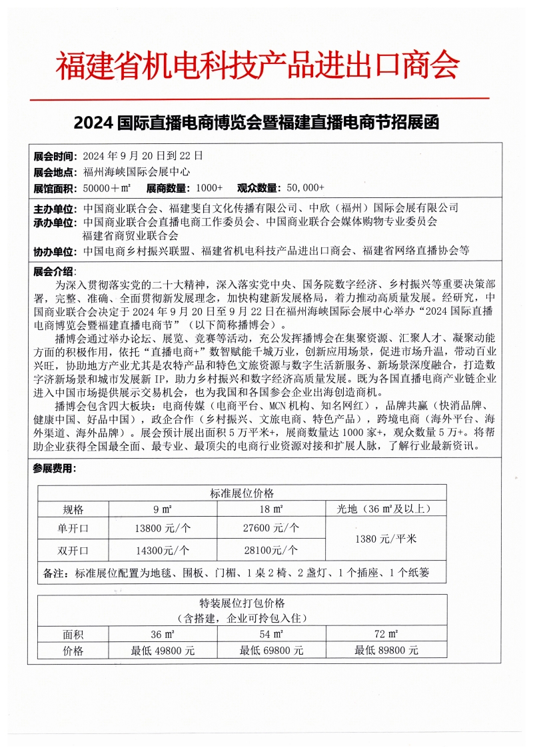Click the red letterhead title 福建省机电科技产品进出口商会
pos(257,65)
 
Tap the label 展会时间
pos(55,156)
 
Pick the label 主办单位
pos(55,208)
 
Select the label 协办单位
pos(55,251)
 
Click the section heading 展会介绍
pos(55,271)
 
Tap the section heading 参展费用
pos(55,469)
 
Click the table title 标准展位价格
pos(242,493)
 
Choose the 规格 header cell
pos(73,510)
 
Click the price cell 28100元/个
pos(270,550)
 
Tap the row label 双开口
pos(73,550)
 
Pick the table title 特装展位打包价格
pos(242,605)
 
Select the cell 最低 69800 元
pos(271,650)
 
